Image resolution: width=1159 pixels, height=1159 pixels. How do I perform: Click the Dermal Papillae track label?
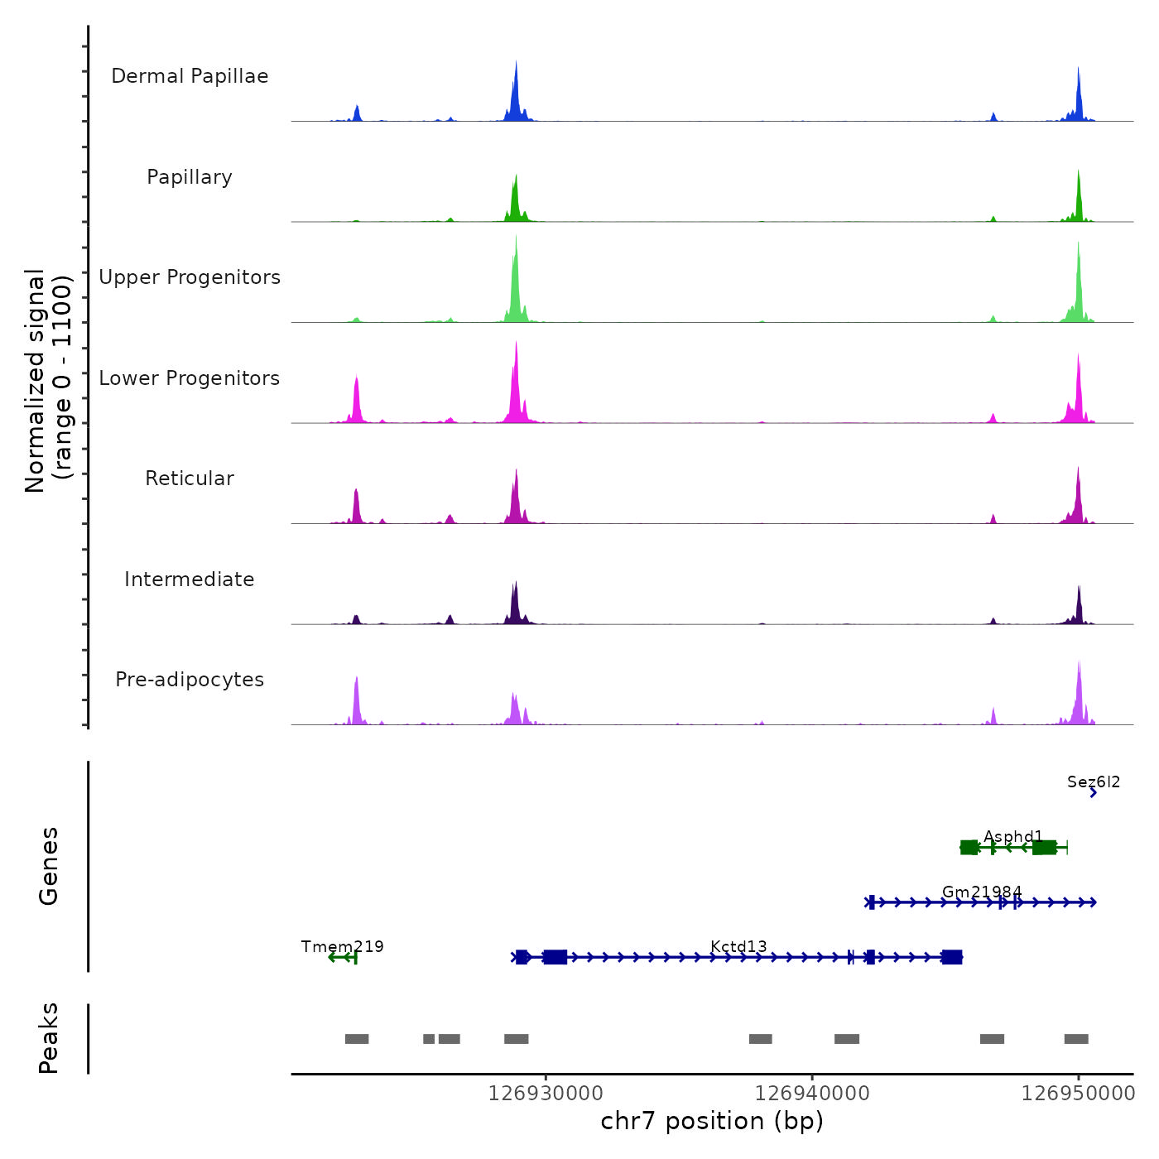point(190,76)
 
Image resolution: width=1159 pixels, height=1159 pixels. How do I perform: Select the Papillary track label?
point(190,177)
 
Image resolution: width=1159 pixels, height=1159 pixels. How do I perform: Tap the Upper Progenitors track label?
point(190,277)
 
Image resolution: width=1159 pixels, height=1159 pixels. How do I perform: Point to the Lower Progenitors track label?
point(190,378)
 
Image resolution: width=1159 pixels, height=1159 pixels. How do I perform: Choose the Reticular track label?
point(190,479)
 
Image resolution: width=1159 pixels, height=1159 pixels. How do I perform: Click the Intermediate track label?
point(190,579)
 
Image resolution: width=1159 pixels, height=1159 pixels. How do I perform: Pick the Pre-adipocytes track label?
point(190,680)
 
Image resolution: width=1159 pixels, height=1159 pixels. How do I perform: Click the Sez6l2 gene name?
point(1093,782)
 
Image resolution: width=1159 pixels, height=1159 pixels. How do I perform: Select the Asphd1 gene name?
point(1012,837)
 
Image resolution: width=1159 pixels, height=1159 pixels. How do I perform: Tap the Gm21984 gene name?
point(982,892)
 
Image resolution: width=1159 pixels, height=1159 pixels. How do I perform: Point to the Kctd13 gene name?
point(738,947)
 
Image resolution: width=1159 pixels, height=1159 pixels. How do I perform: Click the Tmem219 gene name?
point(342,947)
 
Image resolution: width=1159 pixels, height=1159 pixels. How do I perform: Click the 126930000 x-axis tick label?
point(546,1094)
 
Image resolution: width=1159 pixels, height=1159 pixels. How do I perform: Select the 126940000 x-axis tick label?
point(812,1094)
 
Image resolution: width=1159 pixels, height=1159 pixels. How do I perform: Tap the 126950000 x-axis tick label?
point(1078,1094)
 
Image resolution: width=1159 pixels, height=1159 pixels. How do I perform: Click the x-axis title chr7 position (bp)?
point(712,1121)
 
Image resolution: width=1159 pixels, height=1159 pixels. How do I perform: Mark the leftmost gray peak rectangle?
point(357,1039)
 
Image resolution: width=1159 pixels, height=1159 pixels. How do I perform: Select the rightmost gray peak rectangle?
point(1076,1039)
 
